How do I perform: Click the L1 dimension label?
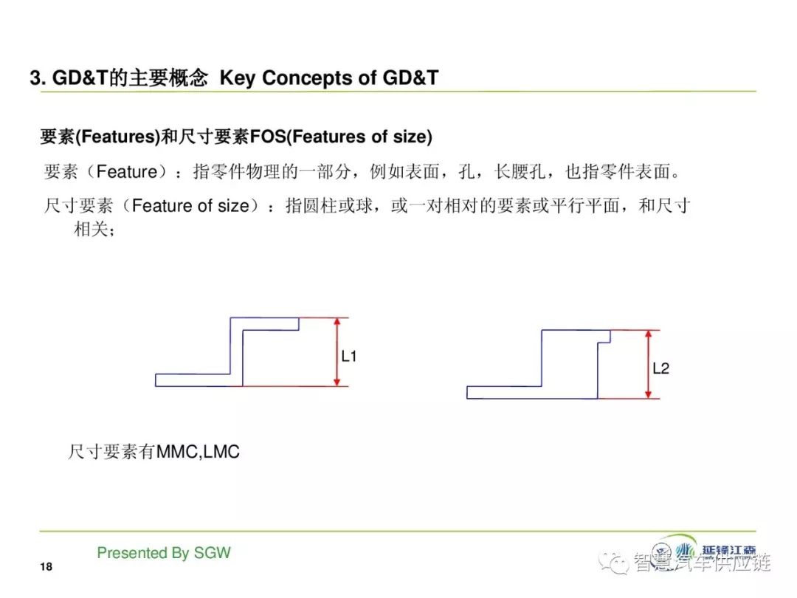click(348, 356)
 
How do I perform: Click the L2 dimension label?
click(660, 368)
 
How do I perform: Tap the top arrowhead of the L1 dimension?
click(337, 321)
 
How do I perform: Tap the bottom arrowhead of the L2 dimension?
click(648, 394)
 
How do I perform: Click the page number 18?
click(46, 566)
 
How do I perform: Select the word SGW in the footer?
click(213, 553)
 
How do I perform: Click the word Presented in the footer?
click(131, 553)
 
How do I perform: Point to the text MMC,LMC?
click(198, 452)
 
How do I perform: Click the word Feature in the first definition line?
click(127, 171)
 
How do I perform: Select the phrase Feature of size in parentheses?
click(190, 205)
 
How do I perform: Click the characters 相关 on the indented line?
click(92, 230)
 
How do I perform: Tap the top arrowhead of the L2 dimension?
click(648, 334)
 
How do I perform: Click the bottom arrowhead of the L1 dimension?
click(337, 382)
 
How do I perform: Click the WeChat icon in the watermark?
click(613, 561)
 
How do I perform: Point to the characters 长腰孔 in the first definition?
click(520, 171)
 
